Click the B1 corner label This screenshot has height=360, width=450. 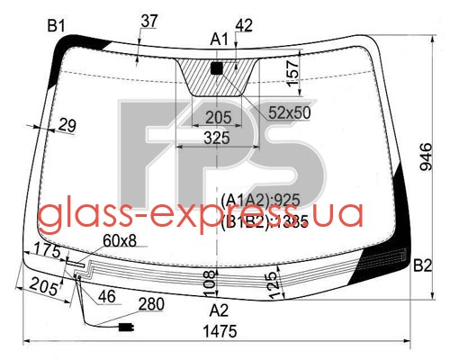(x=56, y=26)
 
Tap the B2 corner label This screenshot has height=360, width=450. (x=422, y=265)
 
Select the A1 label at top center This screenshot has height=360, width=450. (x=219, y=40)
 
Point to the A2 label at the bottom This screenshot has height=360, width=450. (x=219, y=310)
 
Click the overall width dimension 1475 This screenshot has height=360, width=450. (x=220, y=332)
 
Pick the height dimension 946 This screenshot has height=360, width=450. (x=426, y=157)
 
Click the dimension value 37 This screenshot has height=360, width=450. (x=149, y=22)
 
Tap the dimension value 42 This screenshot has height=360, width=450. (x=244, y=25)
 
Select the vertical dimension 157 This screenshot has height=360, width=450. (x=292, y=73)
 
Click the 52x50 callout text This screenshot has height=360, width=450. (x=290, y=112)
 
